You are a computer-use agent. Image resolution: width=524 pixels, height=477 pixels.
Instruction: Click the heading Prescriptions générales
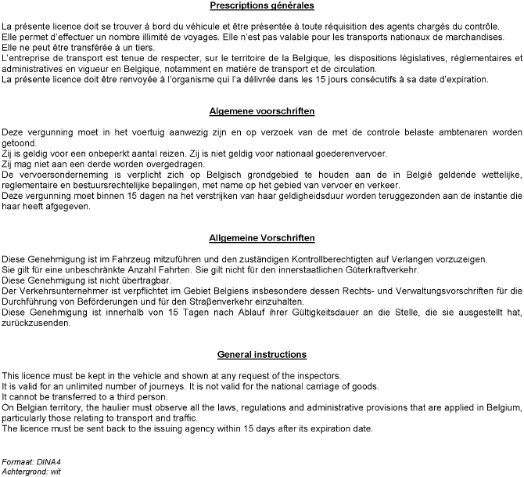pyautogui.click(x=262, y=5)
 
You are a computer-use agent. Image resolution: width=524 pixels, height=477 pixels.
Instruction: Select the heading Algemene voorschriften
pyautogui.click(x=262, y=110)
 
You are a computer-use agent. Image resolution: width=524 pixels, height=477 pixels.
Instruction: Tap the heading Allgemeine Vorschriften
pyautogui.click(x=262, y=237)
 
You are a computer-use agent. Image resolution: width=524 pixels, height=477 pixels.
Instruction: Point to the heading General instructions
pyautogui.click(x=262, y=355)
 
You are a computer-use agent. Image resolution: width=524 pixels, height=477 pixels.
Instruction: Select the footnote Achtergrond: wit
pyautogui.click(x=31, y=472)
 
